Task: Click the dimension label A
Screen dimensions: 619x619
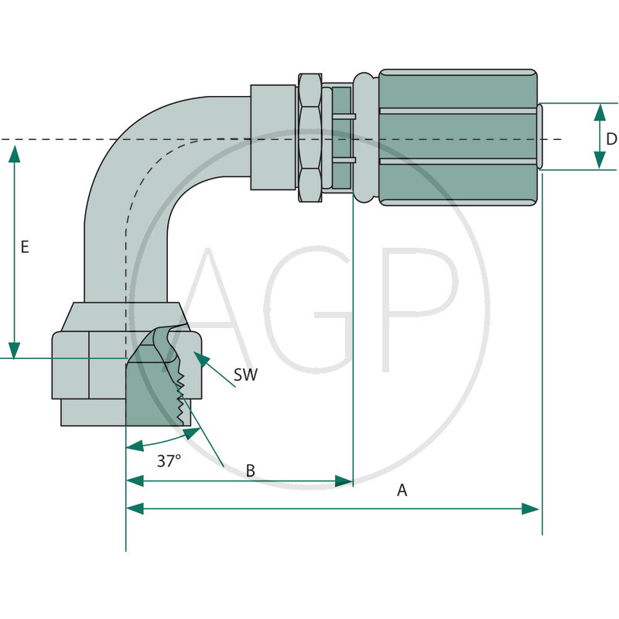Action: [402, 491]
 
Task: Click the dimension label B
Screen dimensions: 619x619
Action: [250, 470]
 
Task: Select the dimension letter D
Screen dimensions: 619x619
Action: [611, 139]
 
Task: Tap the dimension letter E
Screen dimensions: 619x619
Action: [25, 247]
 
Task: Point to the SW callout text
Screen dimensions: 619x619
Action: [245, 375]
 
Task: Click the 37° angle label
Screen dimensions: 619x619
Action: [169, 460]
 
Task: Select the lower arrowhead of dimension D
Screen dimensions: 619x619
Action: [600, 160]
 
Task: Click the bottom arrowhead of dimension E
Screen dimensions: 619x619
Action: [14, 349]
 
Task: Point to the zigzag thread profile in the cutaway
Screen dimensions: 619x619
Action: [183, 399]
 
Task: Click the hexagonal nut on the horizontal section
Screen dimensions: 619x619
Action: [309, 137]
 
